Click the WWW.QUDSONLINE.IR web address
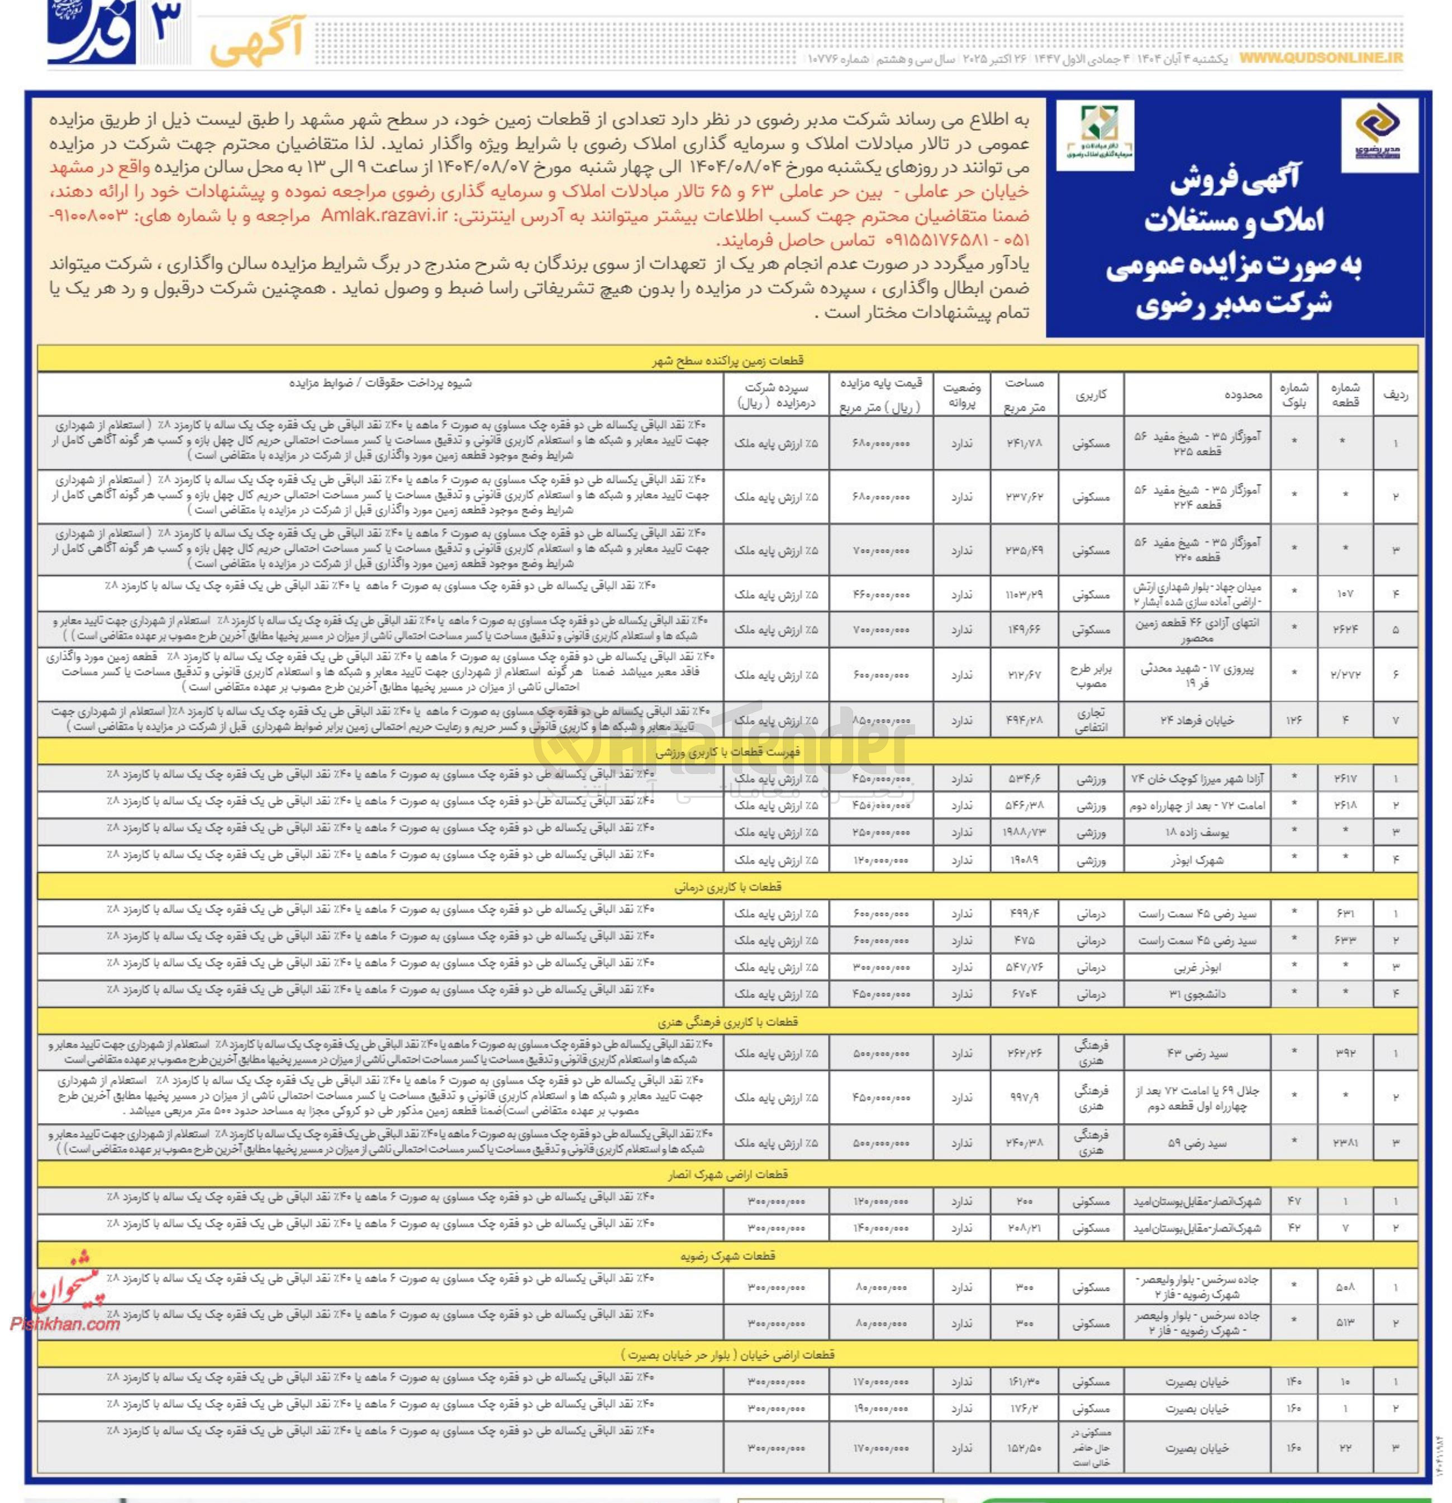click(x=1320, y=58)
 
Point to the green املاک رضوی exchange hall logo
click(x=1095, y=134)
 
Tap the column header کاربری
click(x=1092, y=395)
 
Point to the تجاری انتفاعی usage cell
click(x=1092, y=721)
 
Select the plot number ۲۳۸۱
click(x=1345, y=1143)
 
